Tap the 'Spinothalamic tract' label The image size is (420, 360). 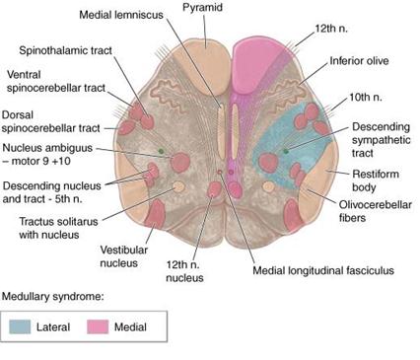coord(63,49)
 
